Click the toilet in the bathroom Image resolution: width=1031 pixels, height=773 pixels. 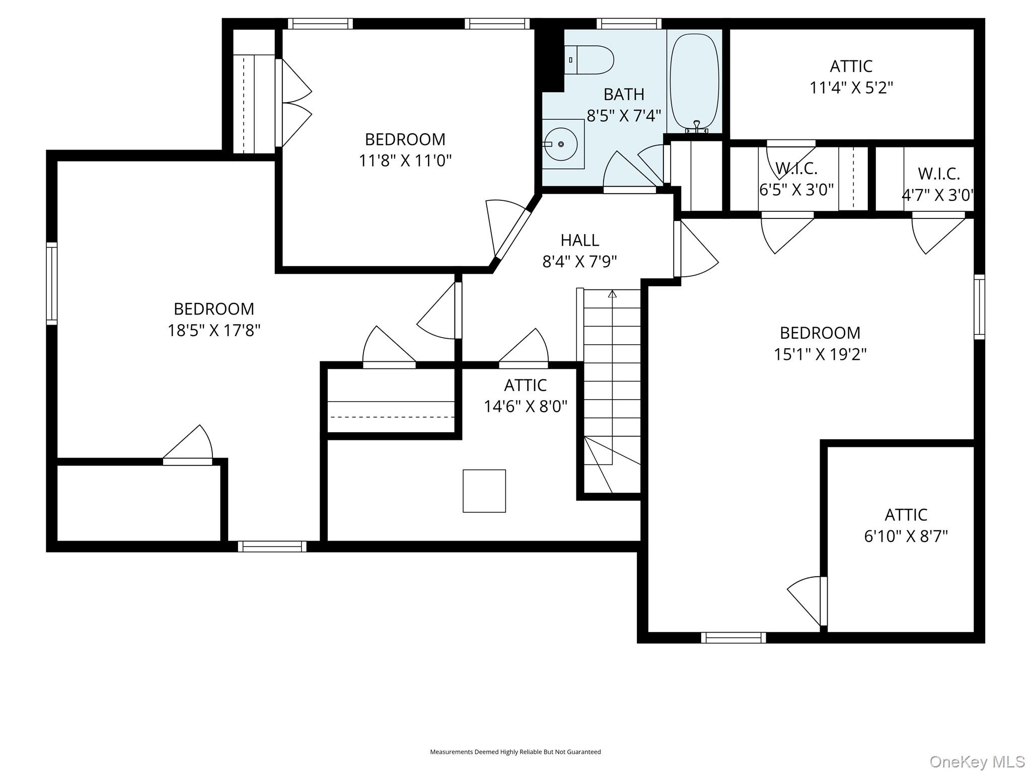tap(588, 60)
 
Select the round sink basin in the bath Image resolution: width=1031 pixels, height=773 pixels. tap(560, 144)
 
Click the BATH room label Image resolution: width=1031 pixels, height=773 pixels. tap(624, 94)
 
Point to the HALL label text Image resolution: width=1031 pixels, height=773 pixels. tap(580, 240)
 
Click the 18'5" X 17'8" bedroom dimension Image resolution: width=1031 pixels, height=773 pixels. tap(214, 330)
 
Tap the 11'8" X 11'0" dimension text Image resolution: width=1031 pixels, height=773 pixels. tap(405, 161)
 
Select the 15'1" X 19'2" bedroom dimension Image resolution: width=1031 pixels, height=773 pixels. tap(820, 354)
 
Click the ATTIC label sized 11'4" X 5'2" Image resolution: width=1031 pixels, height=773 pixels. tap(851, 66)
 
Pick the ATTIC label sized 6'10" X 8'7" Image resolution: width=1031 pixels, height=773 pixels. tap(906, 515)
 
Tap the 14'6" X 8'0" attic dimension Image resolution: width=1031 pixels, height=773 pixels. tap(526, 406)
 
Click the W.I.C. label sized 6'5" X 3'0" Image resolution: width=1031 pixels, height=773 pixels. tap(796, 168)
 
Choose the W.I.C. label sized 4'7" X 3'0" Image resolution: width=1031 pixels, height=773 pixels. tap(939, 174)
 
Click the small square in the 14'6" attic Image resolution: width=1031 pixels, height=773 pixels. tap(484, 491)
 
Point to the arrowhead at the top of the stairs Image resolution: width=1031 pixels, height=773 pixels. tap(612, 293)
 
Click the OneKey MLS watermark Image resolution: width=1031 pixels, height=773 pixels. tap(977, 761)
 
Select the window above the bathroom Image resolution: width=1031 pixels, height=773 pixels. tap(629, 24)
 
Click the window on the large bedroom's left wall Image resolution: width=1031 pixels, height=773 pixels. tap(52, 283)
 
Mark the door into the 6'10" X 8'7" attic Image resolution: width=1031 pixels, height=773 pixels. tap(824, 601)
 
